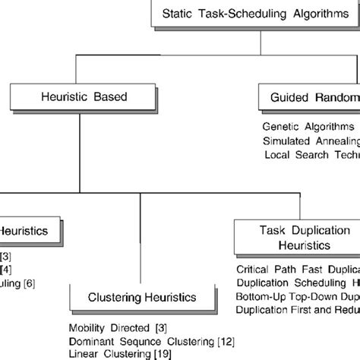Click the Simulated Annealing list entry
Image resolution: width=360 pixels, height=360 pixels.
(x=311, y=141)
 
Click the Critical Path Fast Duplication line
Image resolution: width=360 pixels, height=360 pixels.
(x=297, y=269)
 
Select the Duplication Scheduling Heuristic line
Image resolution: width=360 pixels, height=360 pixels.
(x=297, y=283)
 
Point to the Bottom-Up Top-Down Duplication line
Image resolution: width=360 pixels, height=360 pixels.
(x=297, y=296)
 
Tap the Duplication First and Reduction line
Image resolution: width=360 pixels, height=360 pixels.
(x=297, y=310)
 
